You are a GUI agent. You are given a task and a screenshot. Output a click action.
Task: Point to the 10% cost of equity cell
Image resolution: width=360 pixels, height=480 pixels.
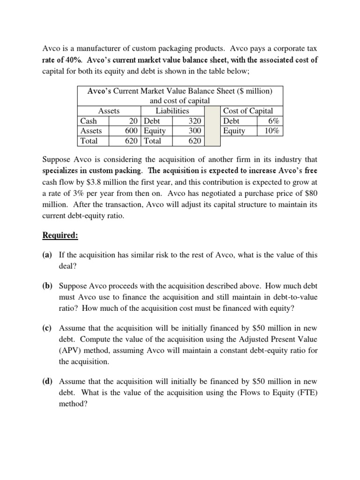click(271, 131)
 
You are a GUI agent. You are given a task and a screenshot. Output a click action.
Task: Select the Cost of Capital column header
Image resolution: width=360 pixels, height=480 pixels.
click(248, 111)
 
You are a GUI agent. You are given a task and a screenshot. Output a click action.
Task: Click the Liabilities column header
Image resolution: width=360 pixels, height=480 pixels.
click(172, 111)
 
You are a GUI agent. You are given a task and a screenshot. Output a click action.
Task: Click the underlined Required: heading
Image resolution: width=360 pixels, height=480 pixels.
click(60, 235)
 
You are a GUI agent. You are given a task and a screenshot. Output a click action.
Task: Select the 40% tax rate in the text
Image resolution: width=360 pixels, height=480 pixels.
click(73, 60)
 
